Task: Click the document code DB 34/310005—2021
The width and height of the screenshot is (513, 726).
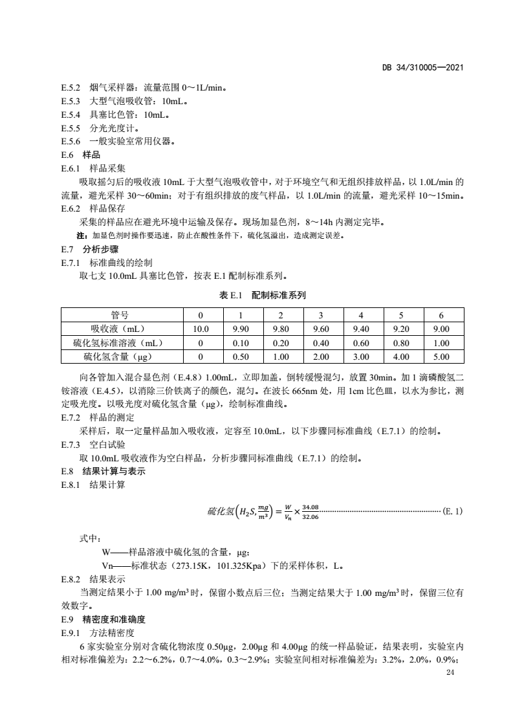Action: coord(424,67)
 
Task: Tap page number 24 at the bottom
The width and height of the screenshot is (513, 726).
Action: coord(450,673)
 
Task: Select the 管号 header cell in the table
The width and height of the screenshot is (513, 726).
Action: coord(119,315)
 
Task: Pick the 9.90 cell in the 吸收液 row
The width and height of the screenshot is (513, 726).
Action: coord(240,329)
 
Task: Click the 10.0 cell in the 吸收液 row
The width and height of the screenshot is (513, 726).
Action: coord(201,329)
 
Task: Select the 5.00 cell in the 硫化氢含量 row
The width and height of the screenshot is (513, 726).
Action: coord(441,356)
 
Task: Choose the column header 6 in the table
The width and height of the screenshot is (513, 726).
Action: coord(441,315)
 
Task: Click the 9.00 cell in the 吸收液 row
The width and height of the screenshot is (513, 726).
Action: coord(441,329)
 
